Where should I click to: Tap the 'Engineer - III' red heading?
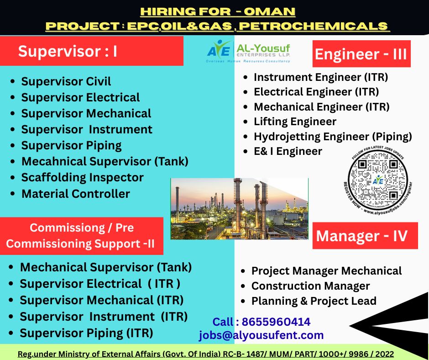click(361, 54)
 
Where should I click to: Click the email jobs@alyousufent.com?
click(261, 335)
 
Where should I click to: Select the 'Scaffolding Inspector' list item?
click(82, 177)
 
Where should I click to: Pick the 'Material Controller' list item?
click(75, 194)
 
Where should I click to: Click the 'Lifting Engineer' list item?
click(295, 122)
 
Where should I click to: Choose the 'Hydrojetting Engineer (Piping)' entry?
click(333, 136)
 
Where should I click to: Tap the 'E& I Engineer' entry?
click(288, 151)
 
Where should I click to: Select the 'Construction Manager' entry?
click(310, 286)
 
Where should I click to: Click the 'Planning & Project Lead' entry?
click(314, 301)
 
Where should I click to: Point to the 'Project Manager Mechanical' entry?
click(326, 271)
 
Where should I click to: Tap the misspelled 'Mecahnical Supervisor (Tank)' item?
click(105, 161)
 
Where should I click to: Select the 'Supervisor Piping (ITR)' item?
click(86, 333)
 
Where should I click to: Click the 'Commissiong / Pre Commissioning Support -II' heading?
click(82, 236)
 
